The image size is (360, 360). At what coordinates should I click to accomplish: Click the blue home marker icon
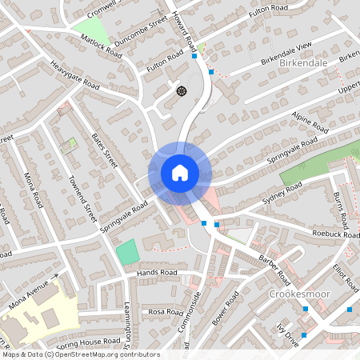point(180,172)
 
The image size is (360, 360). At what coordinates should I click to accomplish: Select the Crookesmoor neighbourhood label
point(295,294)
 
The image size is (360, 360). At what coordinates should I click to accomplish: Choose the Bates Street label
point(105,149)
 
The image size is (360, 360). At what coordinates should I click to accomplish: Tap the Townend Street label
point(82,199)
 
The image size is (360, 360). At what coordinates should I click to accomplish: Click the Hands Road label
point(156,273)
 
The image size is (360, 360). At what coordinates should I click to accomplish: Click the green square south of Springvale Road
point(126,252)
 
